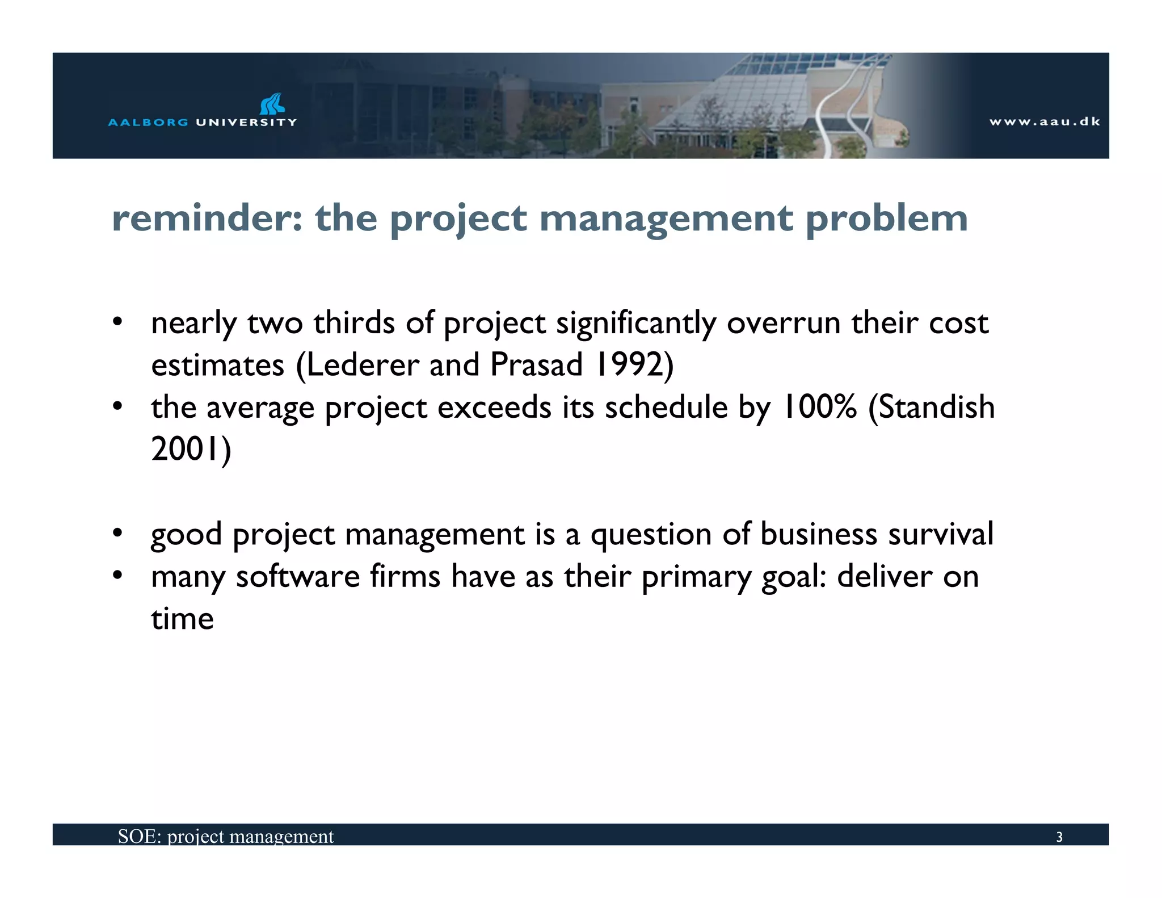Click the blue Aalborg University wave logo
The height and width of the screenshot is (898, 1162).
point(272,104)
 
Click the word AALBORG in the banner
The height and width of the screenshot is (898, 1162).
point(148,122)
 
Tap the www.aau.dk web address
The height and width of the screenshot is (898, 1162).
point(1045,121)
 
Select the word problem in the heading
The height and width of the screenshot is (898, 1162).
point(886,220)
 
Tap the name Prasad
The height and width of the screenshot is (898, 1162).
point(536,364)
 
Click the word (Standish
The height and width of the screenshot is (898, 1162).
point(931,407)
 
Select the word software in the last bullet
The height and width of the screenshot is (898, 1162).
point(297,576)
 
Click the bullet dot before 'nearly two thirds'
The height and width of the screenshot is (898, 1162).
point(117,322)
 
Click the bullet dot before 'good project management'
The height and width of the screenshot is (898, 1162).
point(117,534)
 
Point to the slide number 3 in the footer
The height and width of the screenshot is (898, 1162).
point(1059,837)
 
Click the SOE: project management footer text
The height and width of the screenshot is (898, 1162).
point(225,836)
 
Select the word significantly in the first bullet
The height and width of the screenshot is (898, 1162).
point(635,324)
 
